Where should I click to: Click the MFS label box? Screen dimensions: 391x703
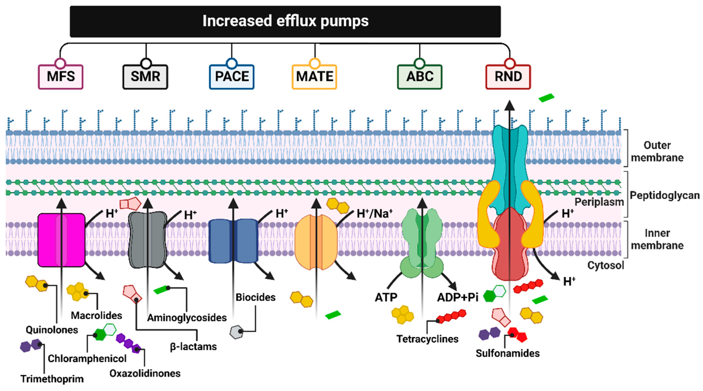pos(61,77)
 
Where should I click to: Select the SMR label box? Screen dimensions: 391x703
pos(145,77)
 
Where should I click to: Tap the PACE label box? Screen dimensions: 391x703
pos(232,77)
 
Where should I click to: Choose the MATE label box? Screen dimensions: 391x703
pos(314,77)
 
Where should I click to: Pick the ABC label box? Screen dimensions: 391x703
pos(420,77)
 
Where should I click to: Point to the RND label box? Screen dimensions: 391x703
pos(508,77)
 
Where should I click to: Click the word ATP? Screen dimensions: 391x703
pos(386,297)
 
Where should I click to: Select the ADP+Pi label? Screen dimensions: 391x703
pos(457,297)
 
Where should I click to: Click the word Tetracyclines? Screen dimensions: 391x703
pos(427,339)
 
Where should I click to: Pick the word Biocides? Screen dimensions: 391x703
pos(255,297)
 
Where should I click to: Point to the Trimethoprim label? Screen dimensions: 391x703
pos(52,379)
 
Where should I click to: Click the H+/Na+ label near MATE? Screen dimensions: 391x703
pos(375,213)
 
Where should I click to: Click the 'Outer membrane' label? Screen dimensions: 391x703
pos(657,151)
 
